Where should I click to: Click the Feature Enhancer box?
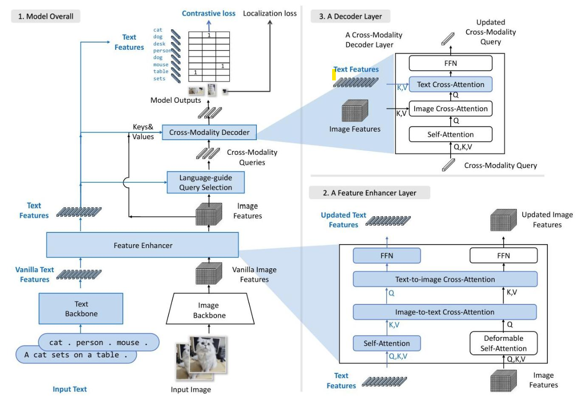tap(143, 246)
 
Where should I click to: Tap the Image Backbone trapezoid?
tap(209, 309)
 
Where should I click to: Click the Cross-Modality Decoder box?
tap(209, 133)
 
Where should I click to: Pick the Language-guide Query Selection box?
tap(206, 182)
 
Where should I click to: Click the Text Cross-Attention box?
tap(450, 85)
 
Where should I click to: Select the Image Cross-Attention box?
tap(450, 109)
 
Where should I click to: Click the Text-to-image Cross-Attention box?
tap(445, 279)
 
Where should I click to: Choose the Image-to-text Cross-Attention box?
tap(444, 312)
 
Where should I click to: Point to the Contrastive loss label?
tap(208, 13)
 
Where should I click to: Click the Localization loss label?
tap(270, 13)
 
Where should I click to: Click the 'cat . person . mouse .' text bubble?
tap(99, 342)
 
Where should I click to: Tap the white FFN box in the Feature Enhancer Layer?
tap(503, 256)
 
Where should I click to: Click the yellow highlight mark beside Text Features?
tap(334, 75)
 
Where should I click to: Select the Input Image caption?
tap(190, 390)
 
